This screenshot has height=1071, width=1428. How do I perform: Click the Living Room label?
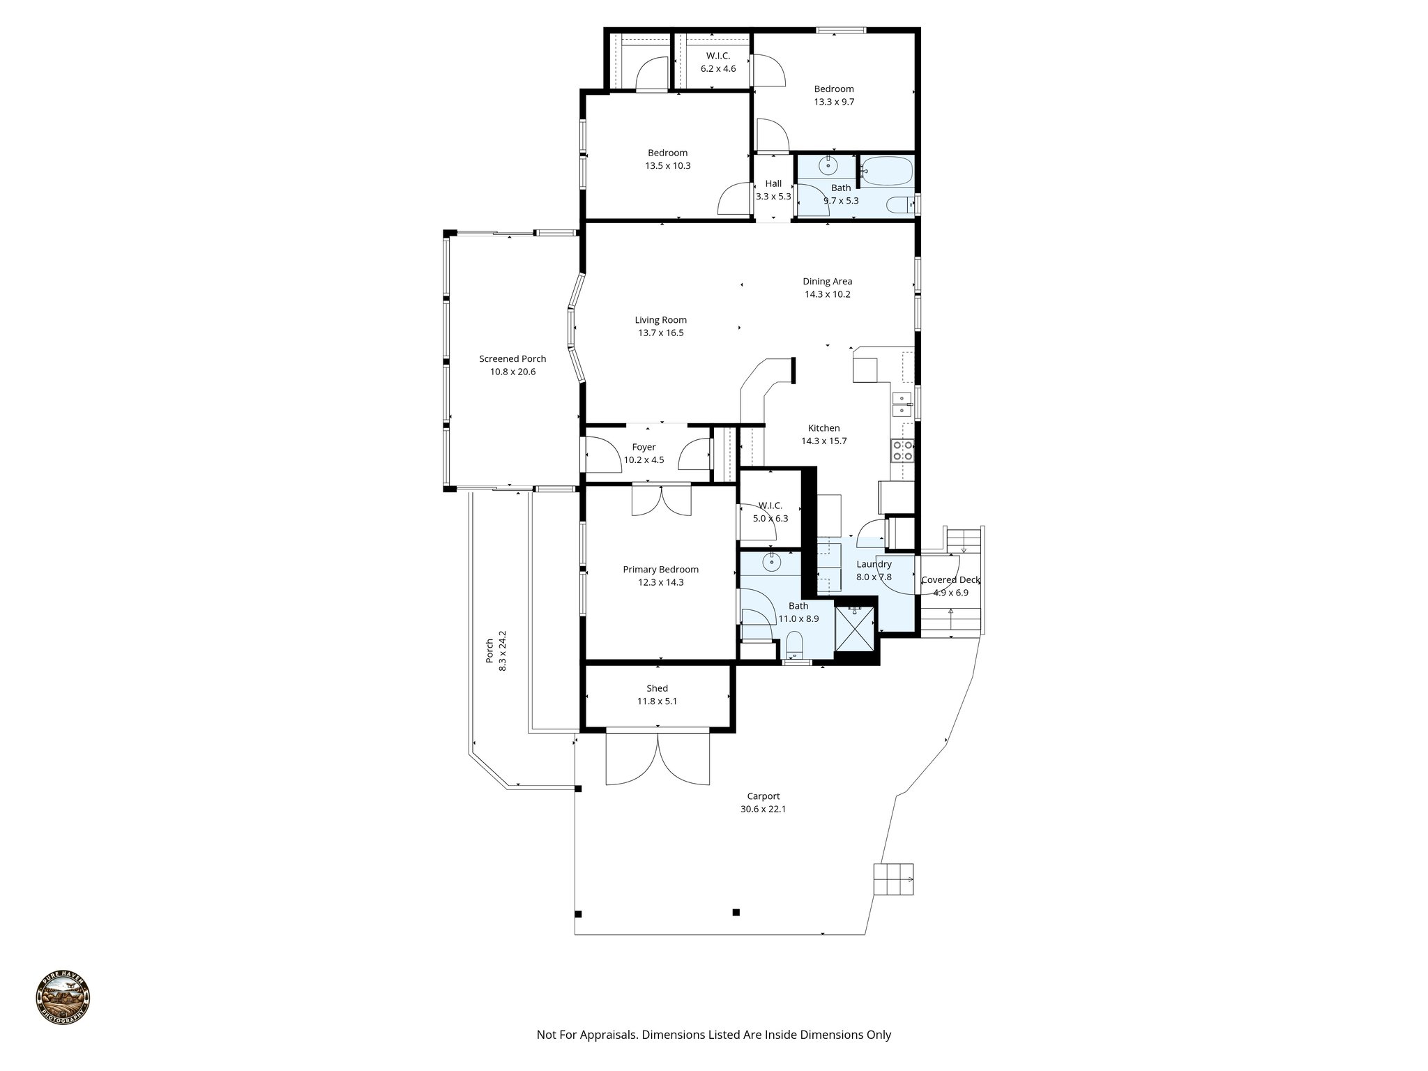point(660,320)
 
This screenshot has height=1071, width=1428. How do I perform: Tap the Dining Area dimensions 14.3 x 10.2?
point(827,294)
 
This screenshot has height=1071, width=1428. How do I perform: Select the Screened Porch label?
point(512,359)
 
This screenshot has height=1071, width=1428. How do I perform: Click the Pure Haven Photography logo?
point(63,998)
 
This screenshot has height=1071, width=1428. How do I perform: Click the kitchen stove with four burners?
point(902,450)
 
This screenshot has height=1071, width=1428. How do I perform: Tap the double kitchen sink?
point(902,404)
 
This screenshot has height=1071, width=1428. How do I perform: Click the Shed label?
point(657,688)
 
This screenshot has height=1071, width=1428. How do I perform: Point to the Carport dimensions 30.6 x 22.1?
point(764,809)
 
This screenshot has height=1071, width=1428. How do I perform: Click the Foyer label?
point(644,447)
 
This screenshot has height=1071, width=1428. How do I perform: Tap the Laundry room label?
point(874,564)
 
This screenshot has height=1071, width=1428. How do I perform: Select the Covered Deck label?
point(951,580)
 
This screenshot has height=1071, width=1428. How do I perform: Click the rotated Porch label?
point(489,651)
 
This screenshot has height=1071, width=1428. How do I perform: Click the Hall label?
point(773,183)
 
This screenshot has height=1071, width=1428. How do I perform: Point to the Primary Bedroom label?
point(660,570)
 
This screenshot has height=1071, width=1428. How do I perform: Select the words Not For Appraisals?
point(587,1035)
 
